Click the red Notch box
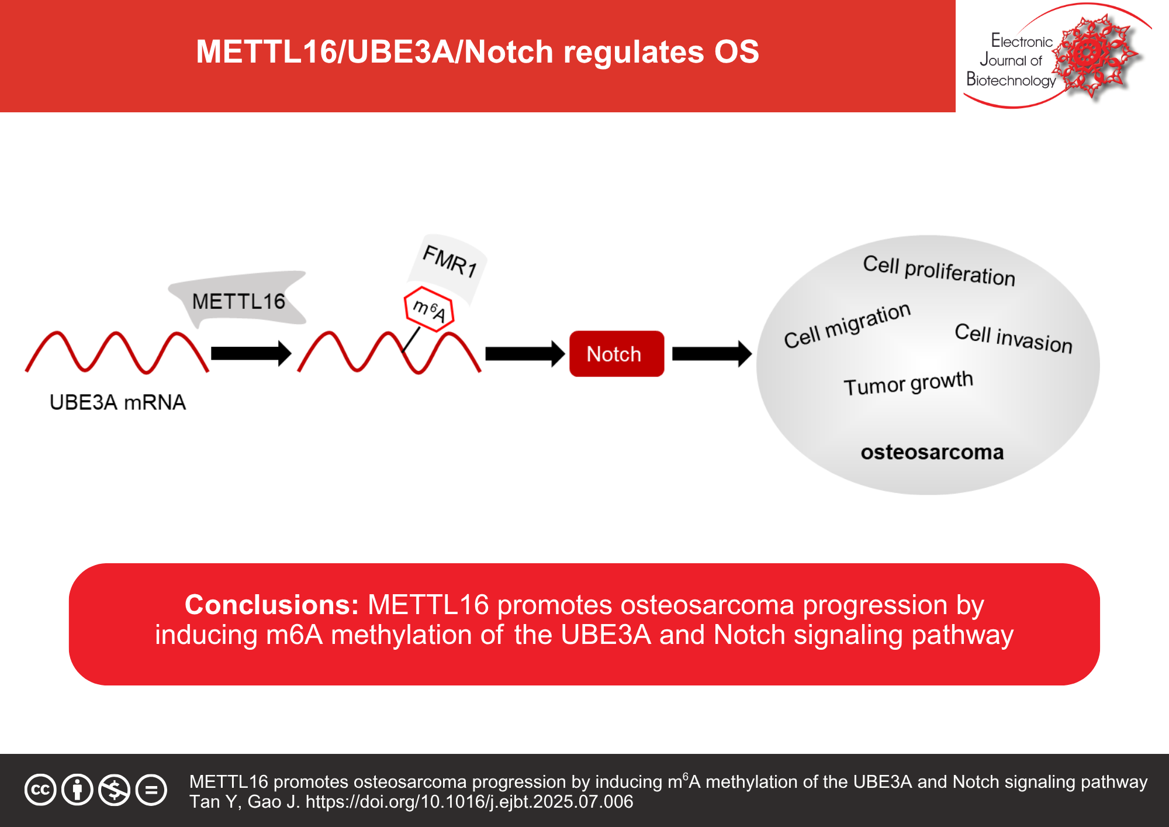click(616, 354)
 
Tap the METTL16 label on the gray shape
click(238, 302)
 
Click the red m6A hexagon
click(429, 309)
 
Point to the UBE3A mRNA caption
click(117, 402)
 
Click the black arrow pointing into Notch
click(524, 354)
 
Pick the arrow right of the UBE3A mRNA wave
click(250, 353)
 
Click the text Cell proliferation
click(939, 271)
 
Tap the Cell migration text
click(847, 325)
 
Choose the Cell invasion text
click(1013, 338)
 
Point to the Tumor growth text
click(908, 384)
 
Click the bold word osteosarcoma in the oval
click(932, 452)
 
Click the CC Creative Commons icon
click(40, 790)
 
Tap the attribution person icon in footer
click(77, 790)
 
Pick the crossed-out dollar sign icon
click(114, 790)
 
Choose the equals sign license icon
click(151, 790)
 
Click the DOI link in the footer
click(469, 802)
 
